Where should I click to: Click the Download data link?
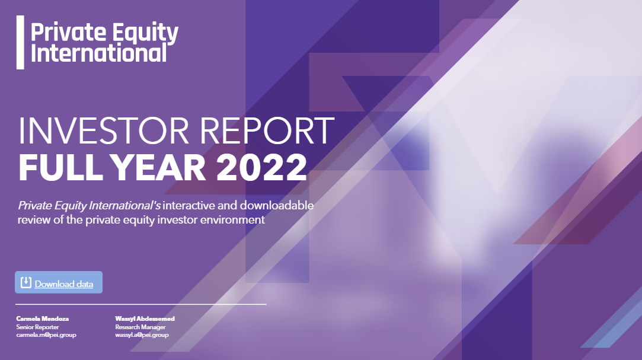click(64, 284)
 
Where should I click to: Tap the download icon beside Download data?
click(26, 282)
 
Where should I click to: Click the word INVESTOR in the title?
click(103, 131)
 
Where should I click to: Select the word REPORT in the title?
click(267, 131)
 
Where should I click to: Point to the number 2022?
click(261, 167)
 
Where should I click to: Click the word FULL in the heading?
click(60, 167)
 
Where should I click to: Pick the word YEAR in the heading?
click(158, 167)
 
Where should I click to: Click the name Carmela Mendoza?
click(43, 318)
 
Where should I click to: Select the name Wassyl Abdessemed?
click(145, 318)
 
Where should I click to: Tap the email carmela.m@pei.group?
click(46, 335)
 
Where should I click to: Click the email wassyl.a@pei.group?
click(142, 335)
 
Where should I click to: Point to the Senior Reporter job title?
click(38, 327)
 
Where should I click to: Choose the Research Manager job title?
click(140, 327)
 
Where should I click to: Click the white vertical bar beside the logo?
click(20, 42)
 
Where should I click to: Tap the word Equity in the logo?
click(145, 33)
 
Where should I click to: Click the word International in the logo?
click(98, 53)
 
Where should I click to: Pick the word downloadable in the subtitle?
click(277, 205)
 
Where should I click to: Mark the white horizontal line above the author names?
click(141, 304)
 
